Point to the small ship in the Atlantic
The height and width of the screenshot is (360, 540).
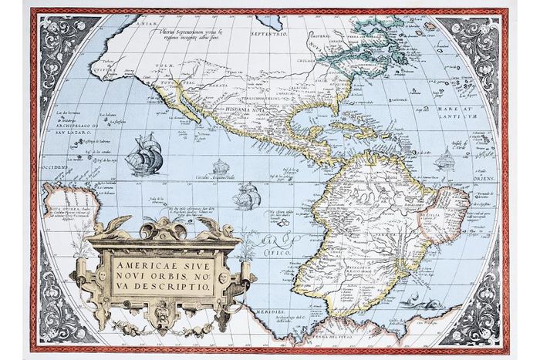click(x=445, y=160)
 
